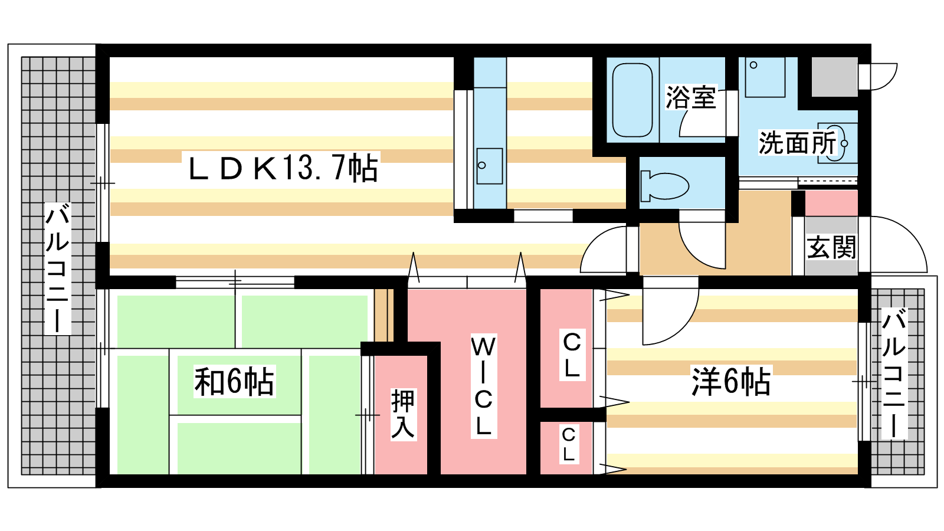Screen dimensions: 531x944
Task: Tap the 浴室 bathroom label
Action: [690, 97]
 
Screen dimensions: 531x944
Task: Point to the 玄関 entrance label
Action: [831, 247]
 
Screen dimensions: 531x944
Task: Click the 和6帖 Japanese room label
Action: [234, 382]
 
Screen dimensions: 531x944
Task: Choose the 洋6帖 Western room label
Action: [730, 381]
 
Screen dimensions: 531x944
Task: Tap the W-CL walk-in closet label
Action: [483, 386]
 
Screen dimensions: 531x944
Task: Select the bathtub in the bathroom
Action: [632, 100]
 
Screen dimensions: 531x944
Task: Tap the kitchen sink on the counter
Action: [489, 166]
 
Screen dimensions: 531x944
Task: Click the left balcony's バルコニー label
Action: [58, 268]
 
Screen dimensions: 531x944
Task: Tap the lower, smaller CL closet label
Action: [568, 444]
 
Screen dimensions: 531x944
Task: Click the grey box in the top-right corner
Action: [834, 77]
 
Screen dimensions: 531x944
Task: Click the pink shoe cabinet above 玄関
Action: [831, 203]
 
